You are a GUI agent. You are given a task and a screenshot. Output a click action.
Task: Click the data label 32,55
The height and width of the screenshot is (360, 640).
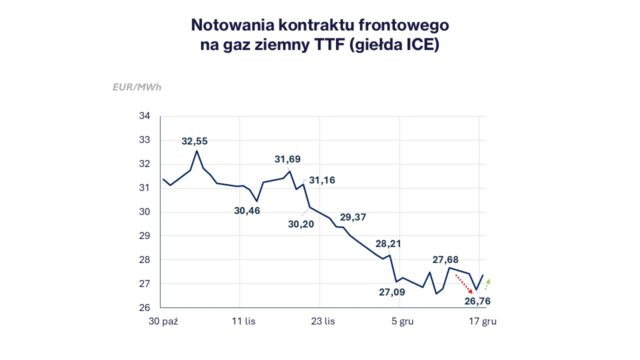(194, 141)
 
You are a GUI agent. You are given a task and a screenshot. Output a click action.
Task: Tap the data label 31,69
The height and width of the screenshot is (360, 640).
(287, 159)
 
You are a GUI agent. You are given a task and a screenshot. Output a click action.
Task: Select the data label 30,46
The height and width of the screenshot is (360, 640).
(247, 211)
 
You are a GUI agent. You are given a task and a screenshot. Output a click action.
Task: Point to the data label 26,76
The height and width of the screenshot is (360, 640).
(477, 301)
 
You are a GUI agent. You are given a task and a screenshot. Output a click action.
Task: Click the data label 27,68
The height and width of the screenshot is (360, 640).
(445, 260)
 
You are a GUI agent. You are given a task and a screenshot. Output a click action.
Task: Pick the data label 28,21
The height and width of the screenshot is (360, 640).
(388, 244)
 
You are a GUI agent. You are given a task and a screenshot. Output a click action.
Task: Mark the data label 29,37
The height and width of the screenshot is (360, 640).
(353, 217)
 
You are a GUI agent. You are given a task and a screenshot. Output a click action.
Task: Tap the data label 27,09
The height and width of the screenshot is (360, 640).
(392, 292)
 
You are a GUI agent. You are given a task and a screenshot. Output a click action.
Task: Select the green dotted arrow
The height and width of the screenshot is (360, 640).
(487, 284)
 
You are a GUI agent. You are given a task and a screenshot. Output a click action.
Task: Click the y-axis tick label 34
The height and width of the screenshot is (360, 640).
(144, 116)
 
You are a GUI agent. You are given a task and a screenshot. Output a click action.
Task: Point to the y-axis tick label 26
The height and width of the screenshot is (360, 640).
(144, 307)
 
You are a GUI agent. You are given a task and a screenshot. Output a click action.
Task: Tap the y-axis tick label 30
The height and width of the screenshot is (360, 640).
(144, 212)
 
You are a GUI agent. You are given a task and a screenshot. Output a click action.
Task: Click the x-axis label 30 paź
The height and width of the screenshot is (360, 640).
(163, 321)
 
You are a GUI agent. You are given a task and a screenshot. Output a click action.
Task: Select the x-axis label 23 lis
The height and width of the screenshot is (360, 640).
(323, 321)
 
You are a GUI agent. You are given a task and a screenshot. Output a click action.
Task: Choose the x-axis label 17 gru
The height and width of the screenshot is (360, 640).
(482, 321)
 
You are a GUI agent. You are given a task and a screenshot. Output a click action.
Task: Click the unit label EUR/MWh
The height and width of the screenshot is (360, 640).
(137, 87)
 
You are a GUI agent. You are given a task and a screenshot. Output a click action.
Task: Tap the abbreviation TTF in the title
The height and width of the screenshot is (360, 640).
(329, 44)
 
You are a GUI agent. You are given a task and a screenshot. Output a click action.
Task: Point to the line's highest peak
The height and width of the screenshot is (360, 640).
(196, 150)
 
